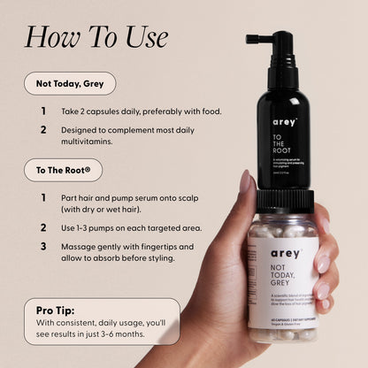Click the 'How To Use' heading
click(96, 36)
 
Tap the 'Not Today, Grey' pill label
click(70, 84)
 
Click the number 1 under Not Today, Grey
click(43, 111)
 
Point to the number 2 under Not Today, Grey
click(43, 129)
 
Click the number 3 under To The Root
click(43, 246)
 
